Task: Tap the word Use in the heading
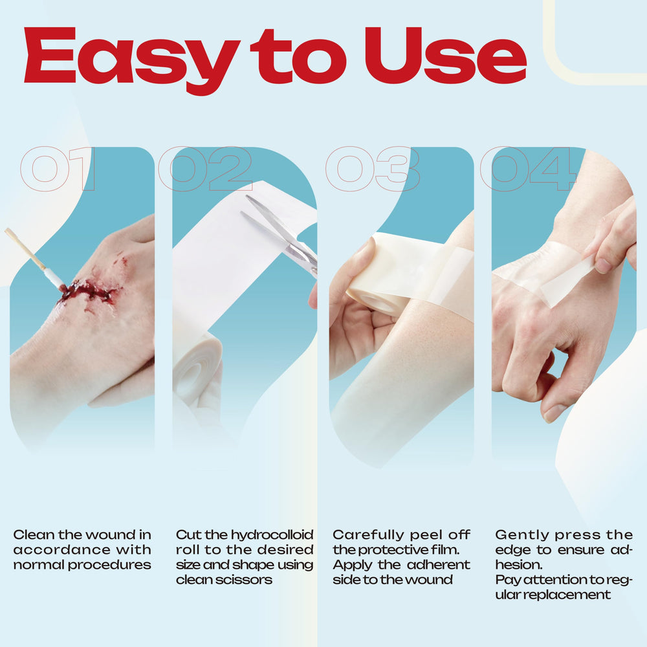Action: pos(446,55)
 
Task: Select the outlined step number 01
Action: pos(58,168)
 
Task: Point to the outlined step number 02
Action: pos(205,168)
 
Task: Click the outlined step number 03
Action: pos(373,168)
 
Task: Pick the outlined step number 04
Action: pos(528,168)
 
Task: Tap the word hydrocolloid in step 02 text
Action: pos(272,535)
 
